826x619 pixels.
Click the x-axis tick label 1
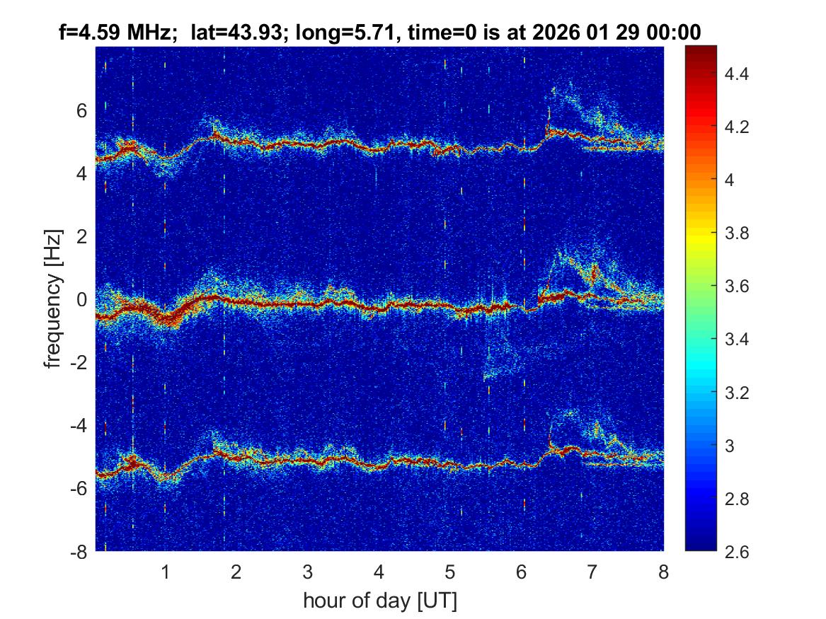166,572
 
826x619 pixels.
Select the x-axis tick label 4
379,572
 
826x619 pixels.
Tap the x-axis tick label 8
663,572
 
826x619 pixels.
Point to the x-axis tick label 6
521,572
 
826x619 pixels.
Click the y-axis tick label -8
79,552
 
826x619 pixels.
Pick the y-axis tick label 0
82,299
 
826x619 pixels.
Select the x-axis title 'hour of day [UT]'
379,601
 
